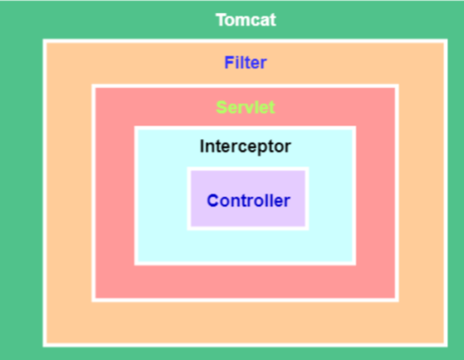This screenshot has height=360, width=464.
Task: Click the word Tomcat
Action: click(x=246, y=20)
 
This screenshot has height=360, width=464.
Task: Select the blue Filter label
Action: click(x=246, y=63)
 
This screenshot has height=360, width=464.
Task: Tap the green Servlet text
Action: click(x=246, y=107)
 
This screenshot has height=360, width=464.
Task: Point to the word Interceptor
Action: click(x=245, y=147)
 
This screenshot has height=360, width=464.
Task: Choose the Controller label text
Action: click(x=248, y=200)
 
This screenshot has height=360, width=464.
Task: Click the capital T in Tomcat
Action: click(x=221, y=20)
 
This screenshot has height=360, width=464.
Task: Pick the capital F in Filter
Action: click(x=229, y=63)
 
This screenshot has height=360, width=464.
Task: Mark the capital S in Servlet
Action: click(x=222, y=108)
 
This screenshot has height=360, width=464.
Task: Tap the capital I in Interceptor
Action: click(x=202, y=146)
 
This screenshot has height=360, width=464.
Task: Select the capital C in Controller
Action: click(x=212, y=200)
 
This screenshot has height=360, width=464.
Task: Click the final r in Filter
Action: click(x=264, y=64)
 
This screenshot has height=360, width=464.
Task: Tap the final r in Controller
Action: click(x=287, y=202)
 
